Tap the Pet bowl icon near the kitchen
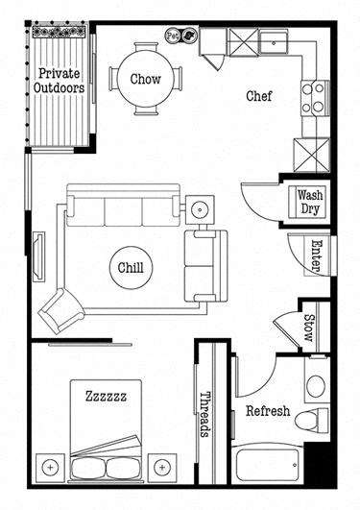174,35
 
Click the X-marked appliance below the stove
313,155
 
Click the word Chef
259,95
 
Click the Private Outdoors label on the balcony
60,81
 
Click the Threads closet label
204,414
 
